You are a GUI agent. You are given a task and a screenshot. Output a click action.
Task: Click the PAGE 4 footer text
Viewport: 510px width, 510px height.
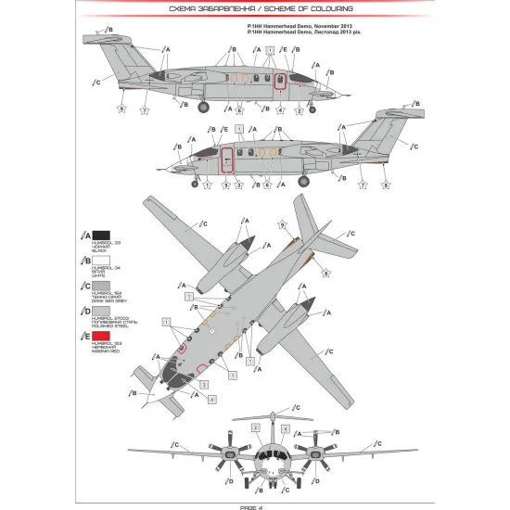pos(255,504)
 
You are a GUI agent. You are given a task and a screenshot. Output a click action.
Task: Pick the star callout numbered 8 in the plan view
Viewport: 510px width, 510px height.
pos(326,273)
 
